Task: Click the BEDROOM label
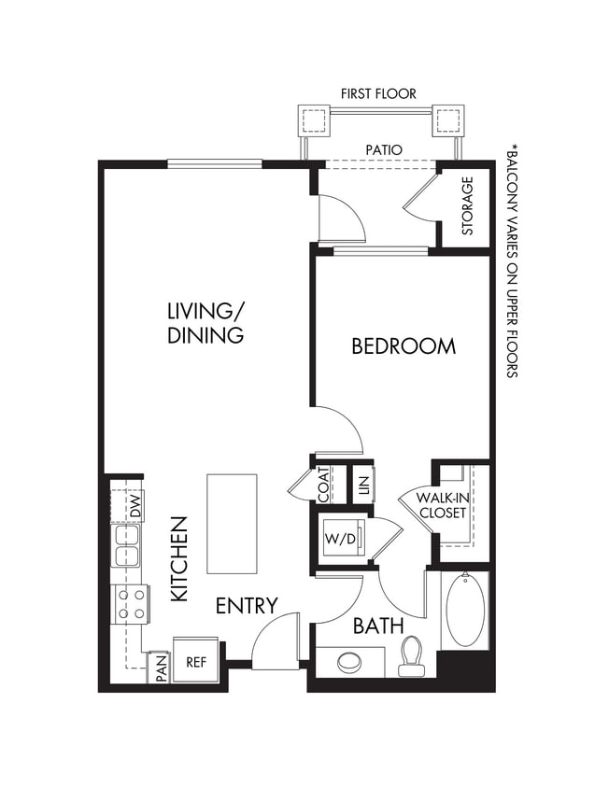(x=404, y=346)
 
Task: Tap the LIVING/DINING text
(x=205, y=322)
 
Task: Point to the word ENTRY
(x=247, y=606)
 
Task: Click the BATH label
(x=378, y=626)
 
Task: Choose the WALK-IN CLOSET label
(x=443, y=505)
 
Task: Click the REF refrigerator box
(x=196, y=662)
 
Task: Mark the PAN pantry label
(x=161, y=669)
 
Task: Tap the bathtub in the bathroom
(x=465, y=610)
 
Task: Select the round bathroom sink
(x=349, y=663)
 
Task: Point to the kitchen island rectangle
(x=232, y=524)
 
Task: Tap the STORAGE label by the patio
(x=468, y=206)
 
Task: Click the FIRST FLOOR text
(x=378, y=93)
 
